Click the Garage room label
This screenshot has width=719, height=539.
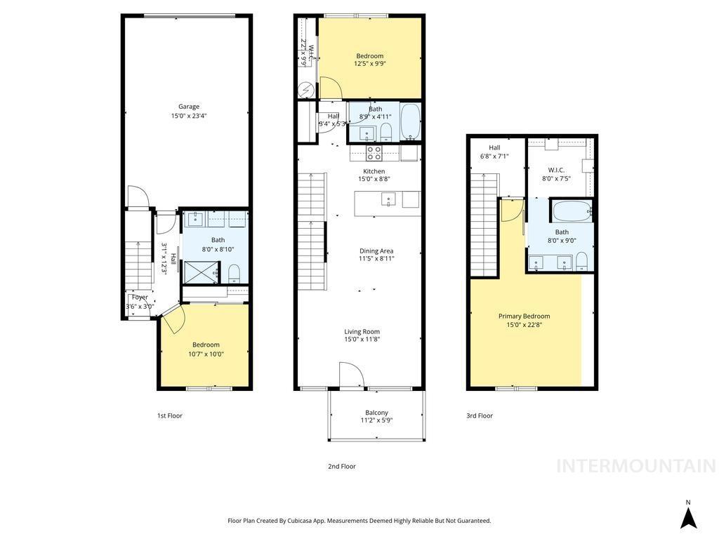[188, 107]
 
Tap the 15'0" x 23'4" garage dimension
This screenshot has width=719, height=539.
[188, 116]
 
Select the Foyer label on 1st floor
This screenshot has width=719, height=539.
[140, 297]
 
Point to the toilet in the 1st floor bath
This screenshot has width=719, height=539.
[235, 272]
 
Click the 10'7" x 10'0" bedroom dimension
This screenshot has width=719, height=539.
[206, 354]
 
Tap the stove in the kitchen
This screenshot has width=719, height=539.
[374, 152]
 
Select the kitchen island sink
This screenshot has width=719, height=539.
[389, 200]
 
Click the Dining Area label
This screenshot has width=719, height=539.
[376, 251]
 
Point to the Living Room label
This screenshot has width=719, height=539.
[362, 331]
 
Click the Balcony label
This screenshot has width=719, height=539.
[376, 413]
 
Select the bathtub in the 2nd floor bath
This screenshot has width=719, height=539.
[411, 122]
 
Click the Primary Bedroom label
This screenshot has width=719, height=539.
[524, 316]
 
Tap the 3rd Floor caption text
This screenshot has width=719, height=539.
[480, 415]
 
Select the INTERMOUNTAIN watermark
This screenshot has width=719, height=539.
[635, 466]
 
